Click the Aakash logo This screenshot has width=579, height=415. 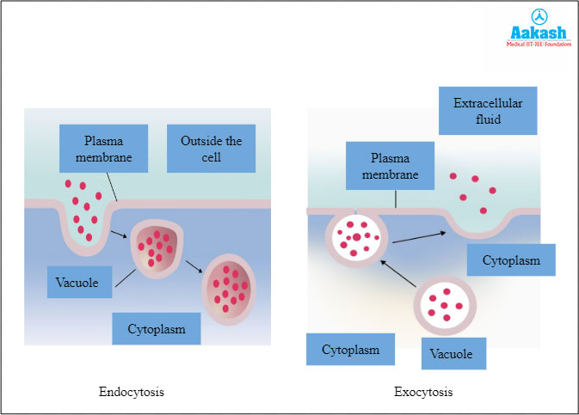[x=529, y=34]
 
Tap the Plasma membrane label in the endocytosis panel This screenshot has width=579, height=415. [x=103, y=149]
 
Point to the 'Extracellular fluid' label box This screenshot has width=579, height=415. [x=488, y=111]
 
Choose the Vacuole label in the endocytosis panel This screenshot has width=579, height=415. [x=80, y=282]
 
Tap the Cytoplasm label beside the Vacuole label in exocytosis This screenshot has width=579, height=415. [x=350, y=350]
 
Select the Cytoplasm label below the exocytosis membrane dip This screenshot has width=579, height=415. [x=511, y=260]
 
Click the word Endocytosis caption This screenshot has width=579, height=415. [x=132, y=392]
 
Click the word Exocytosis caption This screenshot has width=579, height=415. [x=423, y=392]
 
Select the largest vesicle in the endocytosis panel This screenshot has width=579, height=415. [x=228, y=287]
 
